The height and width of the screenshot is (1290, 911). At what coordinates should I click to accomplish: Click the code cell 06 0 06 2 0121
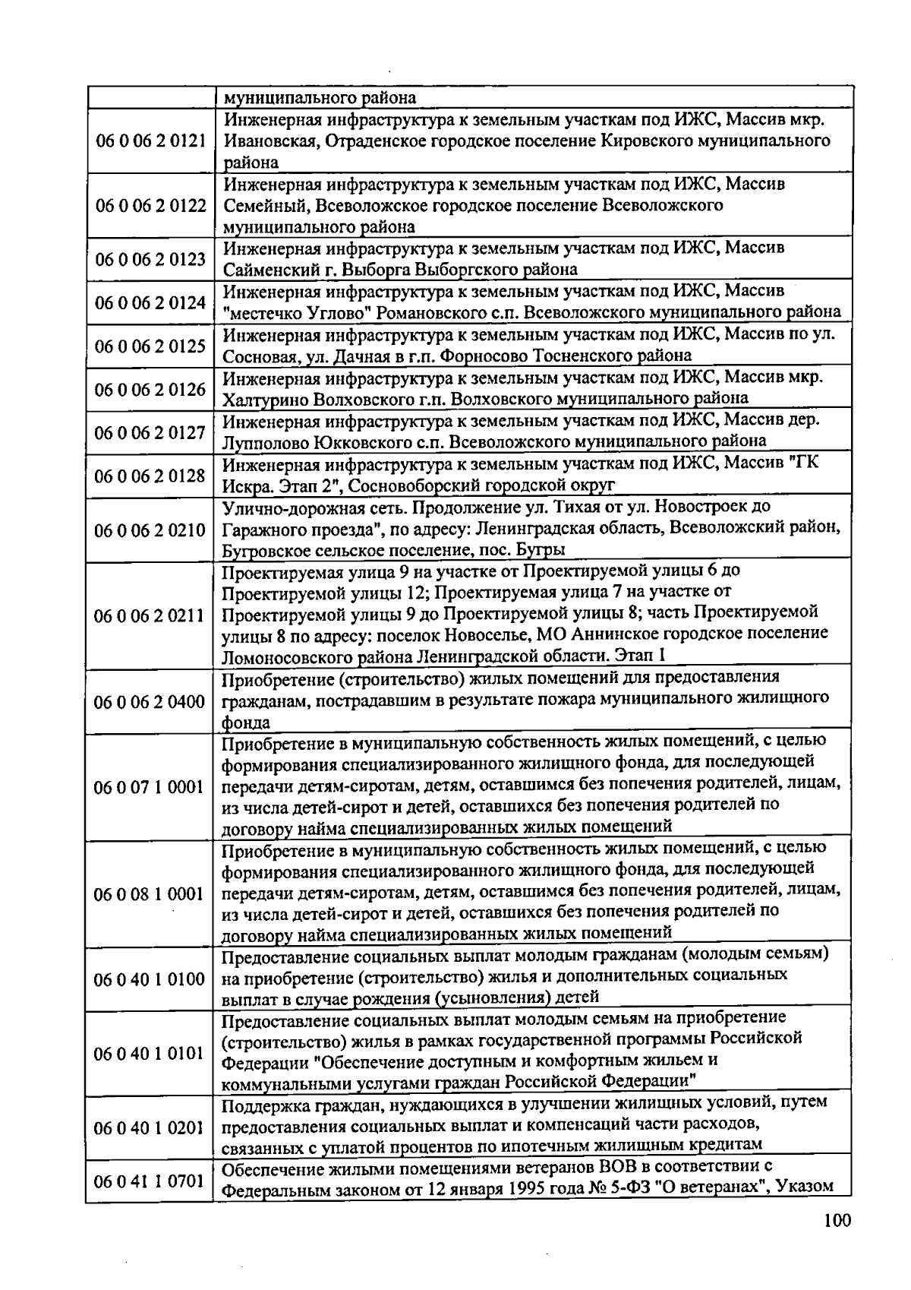pos(150,141)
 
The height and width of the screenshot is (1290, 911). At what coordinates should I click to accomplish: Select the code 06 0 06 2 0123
pos(150,260)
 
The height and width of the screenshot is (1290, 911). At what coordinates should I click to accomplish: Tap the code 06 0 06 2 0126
pos(150,390)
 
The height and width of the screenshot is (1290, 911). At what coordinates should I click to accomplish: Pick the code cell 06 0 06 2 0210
pos(150,530)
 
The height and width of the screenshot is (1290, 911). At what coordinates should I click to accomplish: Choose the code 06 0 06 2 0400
pos(150,701)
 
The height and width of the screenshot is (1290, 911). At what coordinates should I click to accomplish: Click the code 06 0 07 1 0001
pos(150,787)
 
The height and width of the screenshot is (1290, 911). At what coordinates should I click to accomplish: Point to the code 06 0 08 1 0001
pos(150,894)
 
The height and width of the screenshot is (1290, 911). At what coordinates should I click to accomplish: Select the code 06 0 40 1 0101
pos(150,1054)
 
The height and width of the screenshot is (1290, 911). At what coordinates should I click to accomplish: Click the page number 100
pos(837,1221)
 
